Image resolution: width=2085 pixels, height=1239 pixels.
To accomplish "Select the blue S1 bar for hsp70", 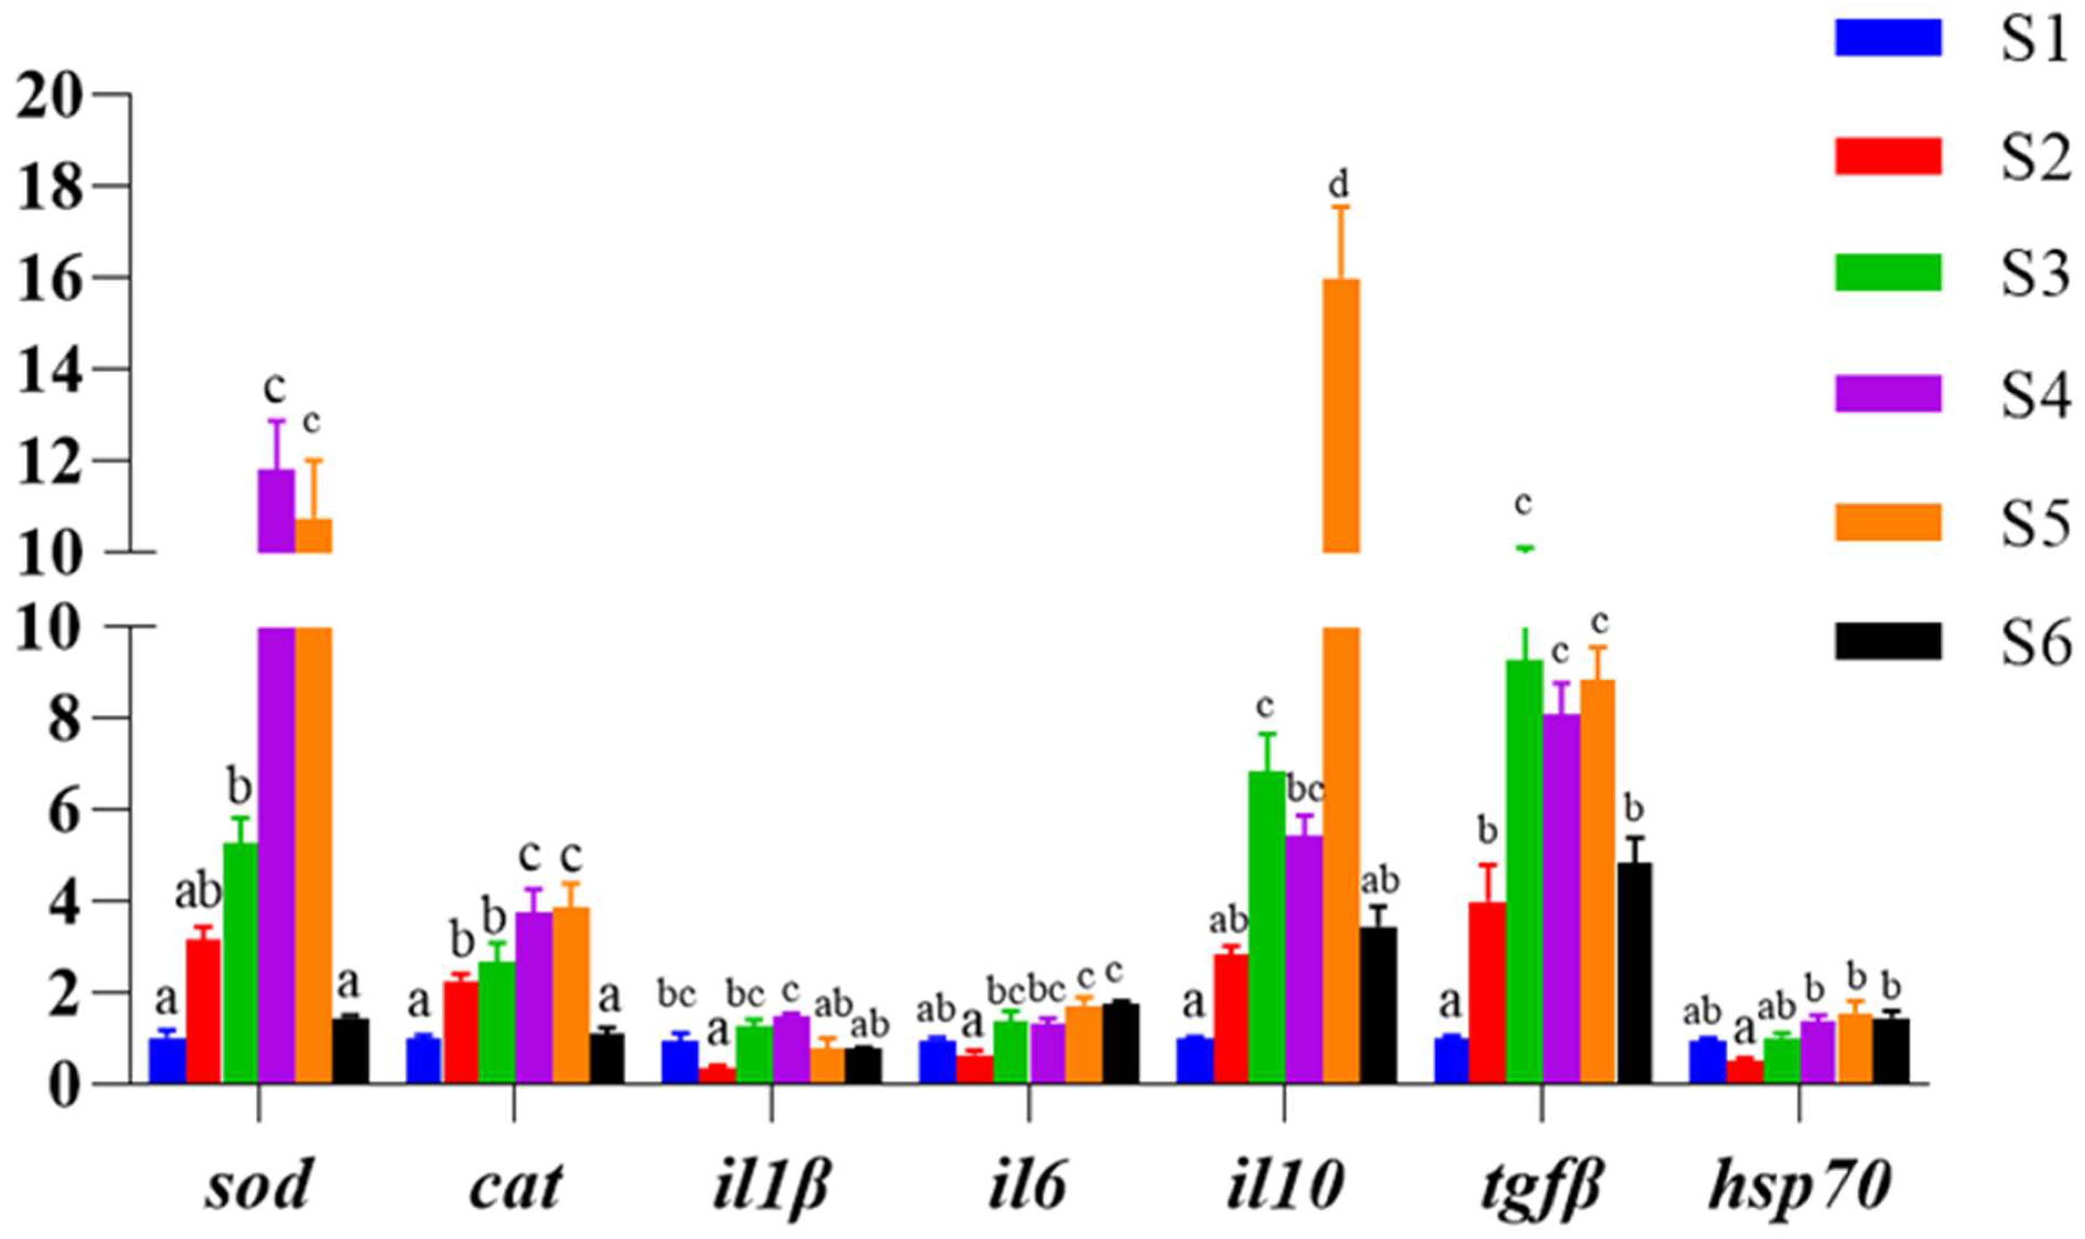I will [x=1707, y=1061].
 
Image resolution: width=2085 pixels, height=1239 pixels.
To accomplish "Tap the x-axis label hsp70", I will [x=1798, y=1186].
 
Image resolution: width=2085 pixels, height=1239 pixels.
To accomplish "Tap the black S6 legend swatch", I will [x=1888, y=641].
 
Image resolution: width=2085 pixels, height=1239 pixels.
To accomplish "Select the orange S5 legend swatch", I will [x=1888, y=522].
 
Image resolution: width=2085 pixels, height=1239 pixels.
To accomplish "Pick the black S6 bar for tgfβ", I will [x=1634, y=972].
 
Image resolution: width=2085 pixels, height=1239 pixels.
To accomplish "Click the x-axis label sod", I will [x=258, y=1186].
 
